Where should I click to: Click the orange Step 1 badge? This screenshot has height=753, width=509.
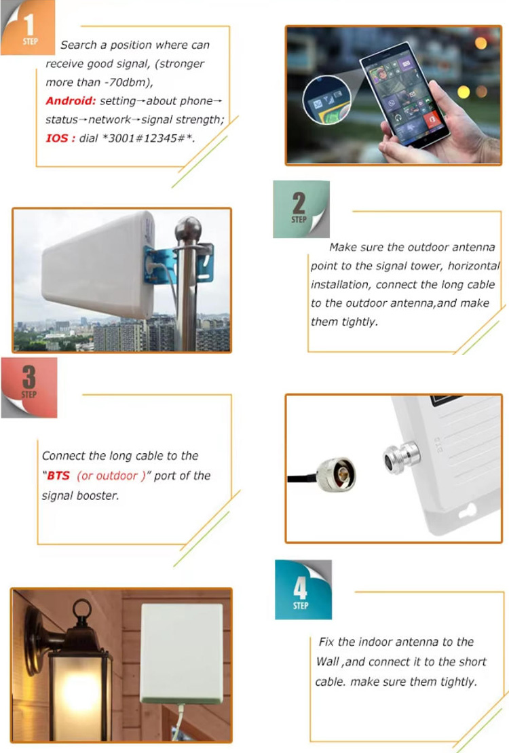[28, 28]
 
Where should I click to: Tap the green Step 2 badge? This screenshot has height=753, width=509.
[301, 208]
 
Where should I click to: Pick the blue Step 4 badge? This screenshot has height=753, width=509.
[303, 589]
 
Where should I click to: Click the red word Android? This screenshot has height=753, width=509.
[71, 101]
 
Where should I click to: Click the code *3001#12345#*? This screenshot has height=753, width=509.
[157, 139]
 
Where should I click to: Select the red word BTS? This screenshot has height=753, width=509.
[60, 476]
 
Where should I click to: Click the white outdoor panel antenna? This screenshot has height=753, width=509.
[98, 265]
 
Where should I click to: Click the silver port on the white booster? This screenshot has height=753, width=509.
[397, 457]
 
